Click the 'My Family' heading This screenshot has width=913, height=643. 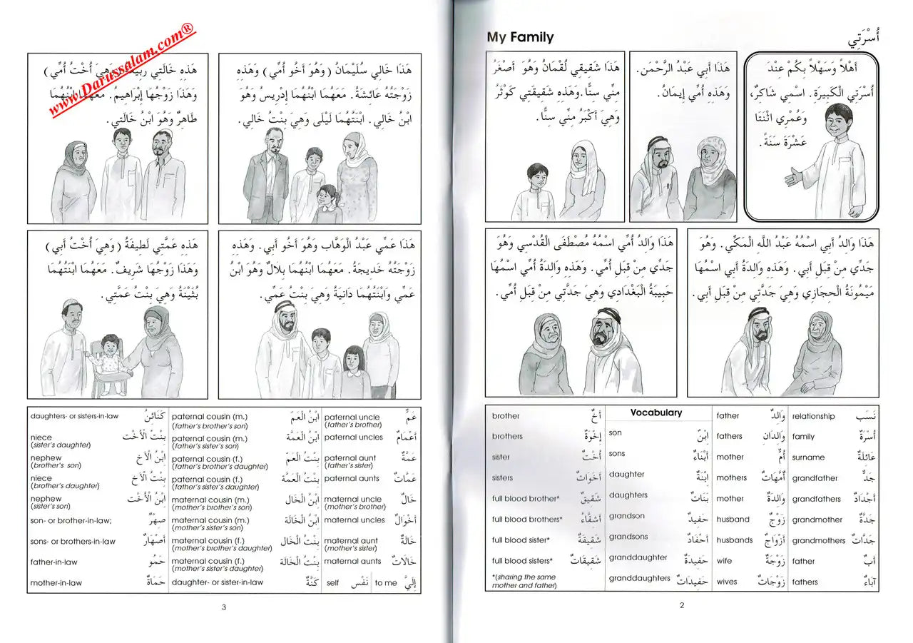point(519,37)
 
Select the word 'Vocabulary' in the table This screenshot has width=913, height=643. point(656,412)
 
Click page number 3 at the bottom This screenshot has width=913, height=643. point(223,607)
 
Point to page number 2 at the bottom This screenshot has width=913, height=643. point(681,606)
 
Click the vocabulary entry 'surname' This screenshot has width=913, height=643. point(808,457)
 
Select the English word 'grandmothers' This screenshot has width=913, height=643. point(818,540)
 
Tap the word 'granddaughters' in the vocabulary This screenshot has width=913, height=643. point(639,579)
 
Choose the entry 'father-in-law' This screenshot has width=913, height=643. point(53,562)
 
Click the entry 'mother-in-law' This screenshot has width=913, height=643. point(56,583)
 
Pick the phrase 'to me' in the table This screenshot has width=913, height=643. point(385,583)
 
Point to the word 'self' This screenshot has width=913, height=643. point(332,583)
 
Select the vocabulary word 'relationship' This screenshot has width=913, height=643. point(812,416)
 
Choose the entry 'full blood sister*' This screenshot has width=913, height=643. point(521,540)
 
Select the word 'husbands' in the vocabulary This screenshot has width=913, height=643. point(735,540)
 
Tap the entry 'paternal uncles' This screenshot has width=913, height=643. point(353,437)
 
